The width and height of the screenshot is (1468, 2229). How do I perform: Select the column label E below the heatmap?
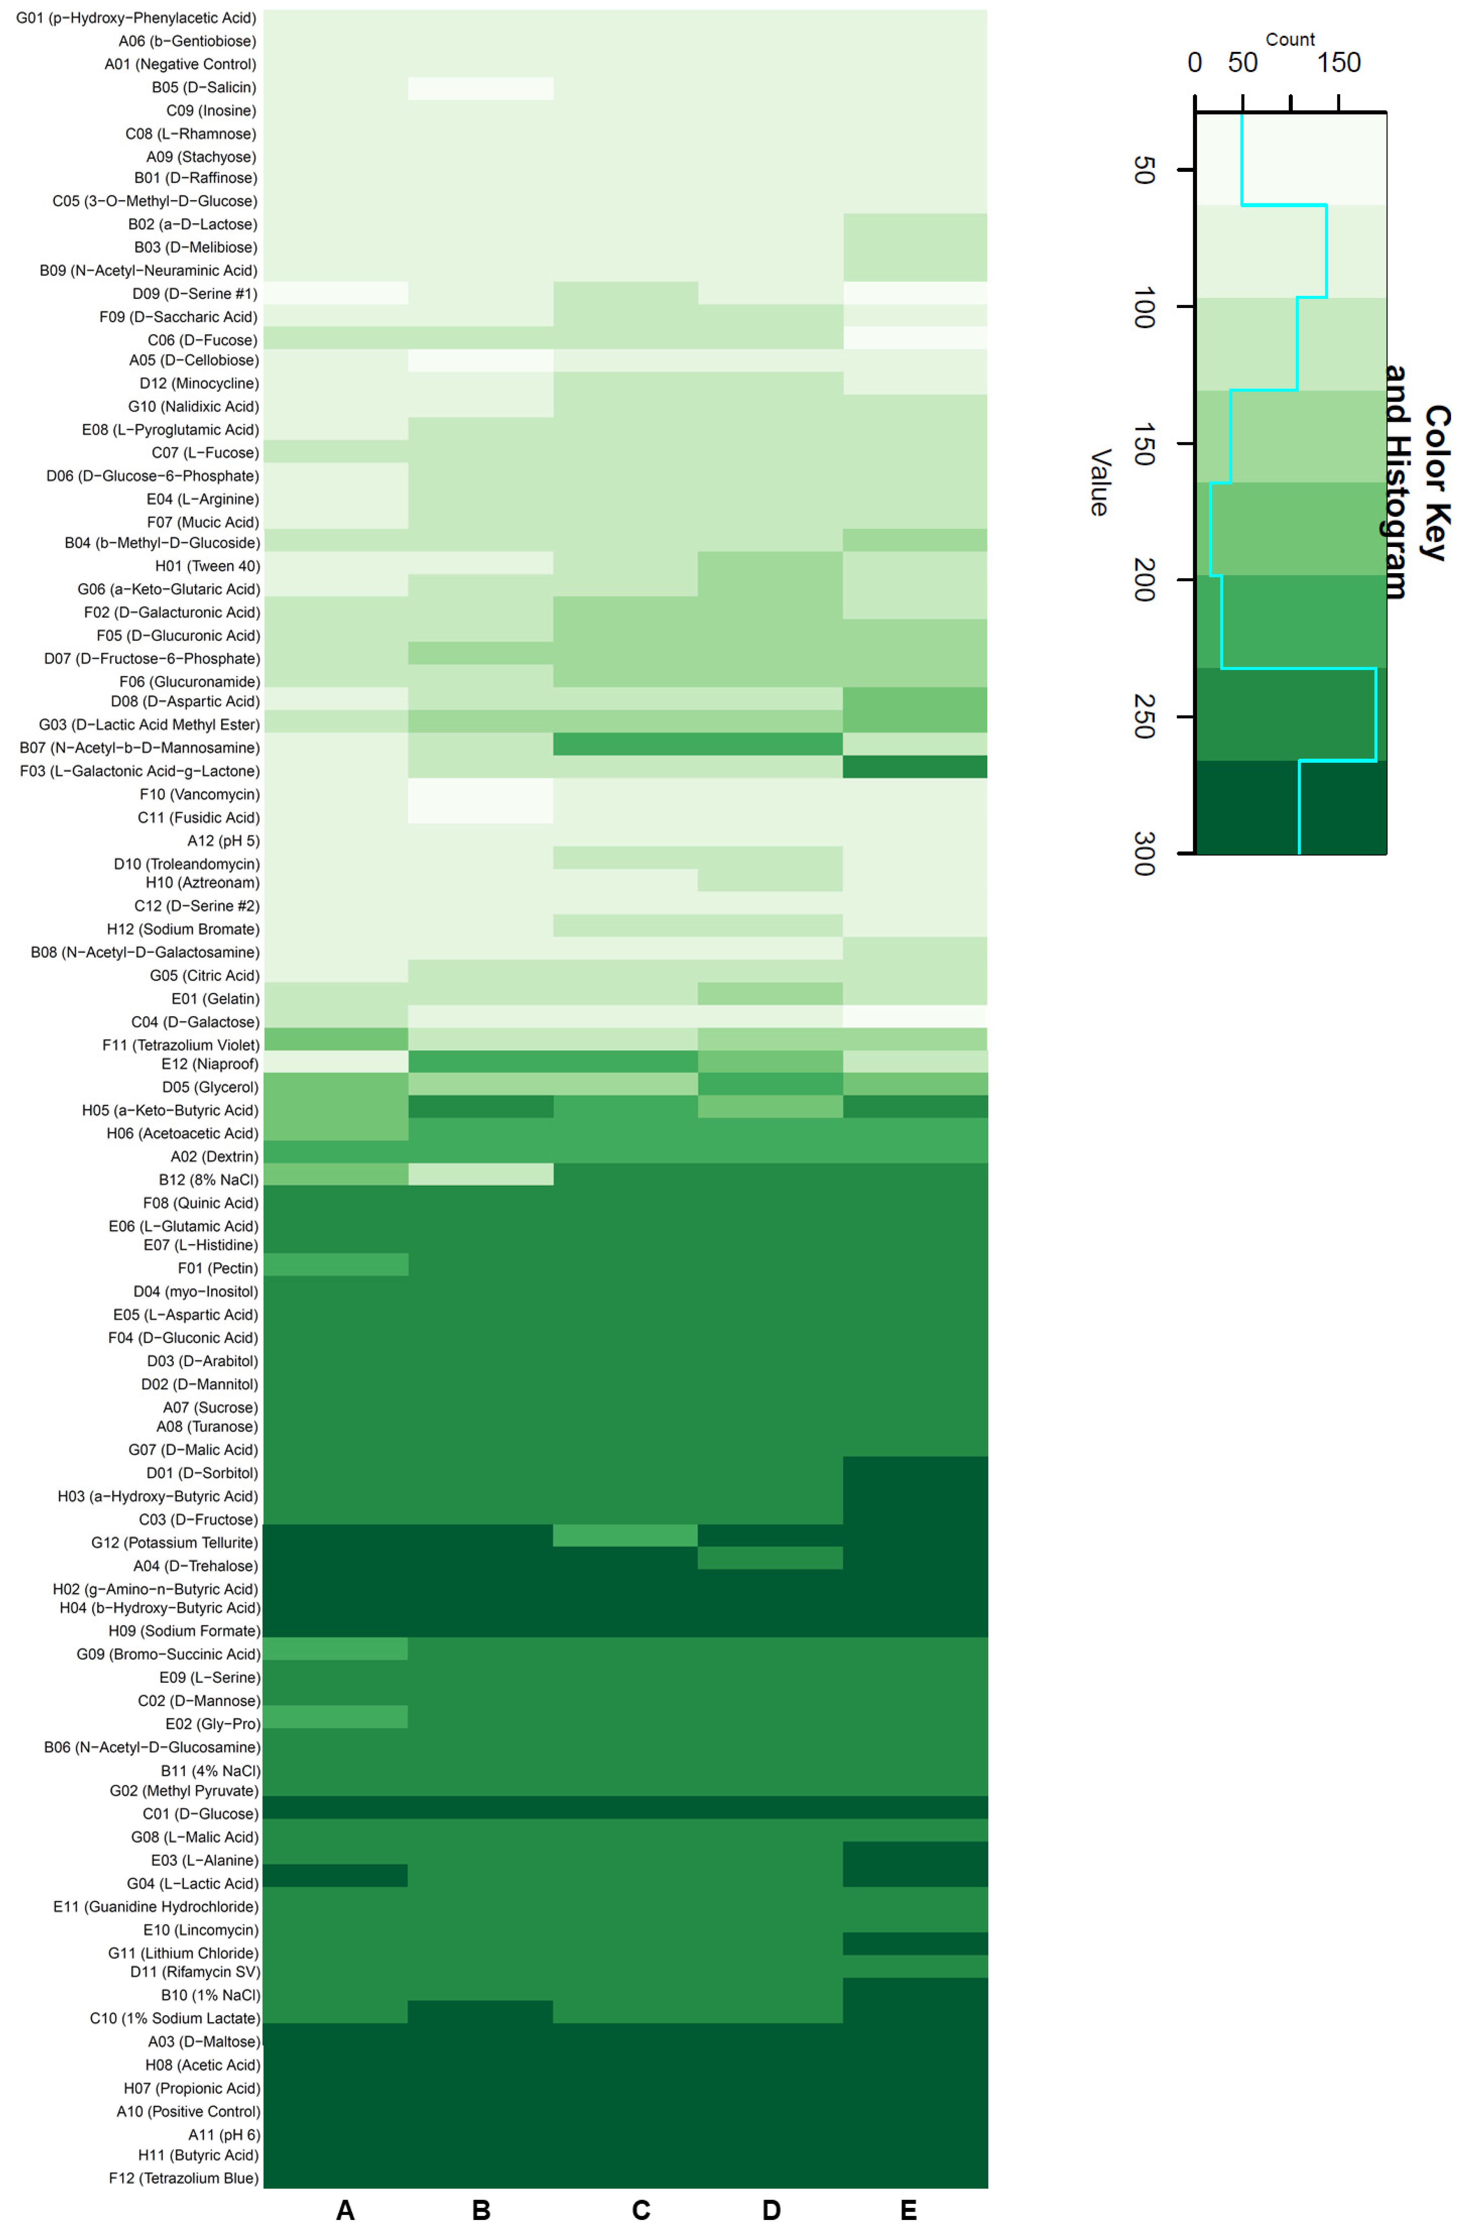pyautogui.click(x=908, y=2210)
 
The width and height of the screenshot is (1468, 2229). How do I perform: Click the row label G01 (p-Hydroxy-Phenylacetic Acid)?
pyautogui.click(x=136, y=18)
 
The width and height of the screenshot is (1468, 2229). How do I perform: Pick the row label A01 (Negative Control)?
pyautogui.click(x=180, y=64)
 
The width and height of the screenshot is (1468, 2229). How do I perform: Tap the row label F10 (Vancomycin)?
pyautogui.click(x=199, y=794)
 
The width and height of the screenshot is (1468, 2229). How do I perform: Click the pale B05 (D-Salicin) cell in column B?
pyautogui.click(x=480, y=88)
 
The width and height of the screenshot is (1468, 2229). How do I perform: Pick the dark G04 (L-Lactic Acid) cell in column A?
pyautogui.click(x=335, y=1875)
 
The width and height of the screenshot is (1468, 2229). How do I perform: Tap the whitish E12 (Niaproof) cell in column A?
pyautogui.click(x=335, y=1061)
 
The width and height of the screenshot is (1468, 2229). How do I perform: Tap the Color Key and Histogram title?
pyautogui.click(x=1415, y=482)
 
